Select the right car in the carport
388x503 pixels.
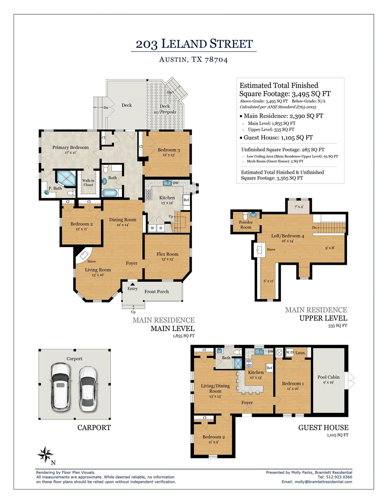point(87,388)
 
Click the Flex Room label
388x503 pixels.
point(167,254)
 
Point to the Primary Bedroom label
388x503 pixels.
point(70,148)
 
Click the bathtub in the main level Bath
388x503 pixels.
point(109,193)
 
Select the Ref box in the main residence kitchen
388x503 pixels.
point(186,200)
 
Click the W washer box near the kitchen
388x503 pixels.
point(152,228)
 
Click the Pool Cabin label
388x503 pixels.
point(328,377)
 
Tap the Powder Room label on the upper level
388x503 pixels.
point(246,225)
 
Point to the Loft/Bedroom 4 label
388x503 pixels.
point(288,236)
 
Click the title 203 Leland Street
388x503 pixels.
point(194,44)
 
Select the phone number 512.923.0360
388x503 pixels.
point(339,477)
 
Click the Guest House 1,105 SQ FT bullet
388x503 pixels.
point(278,138)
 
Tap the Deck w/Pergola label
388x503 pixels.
point(165,109)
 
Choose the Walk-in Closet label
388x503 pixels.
point(88,183)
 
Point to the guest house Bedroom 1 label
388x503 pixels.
point(293,383)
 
